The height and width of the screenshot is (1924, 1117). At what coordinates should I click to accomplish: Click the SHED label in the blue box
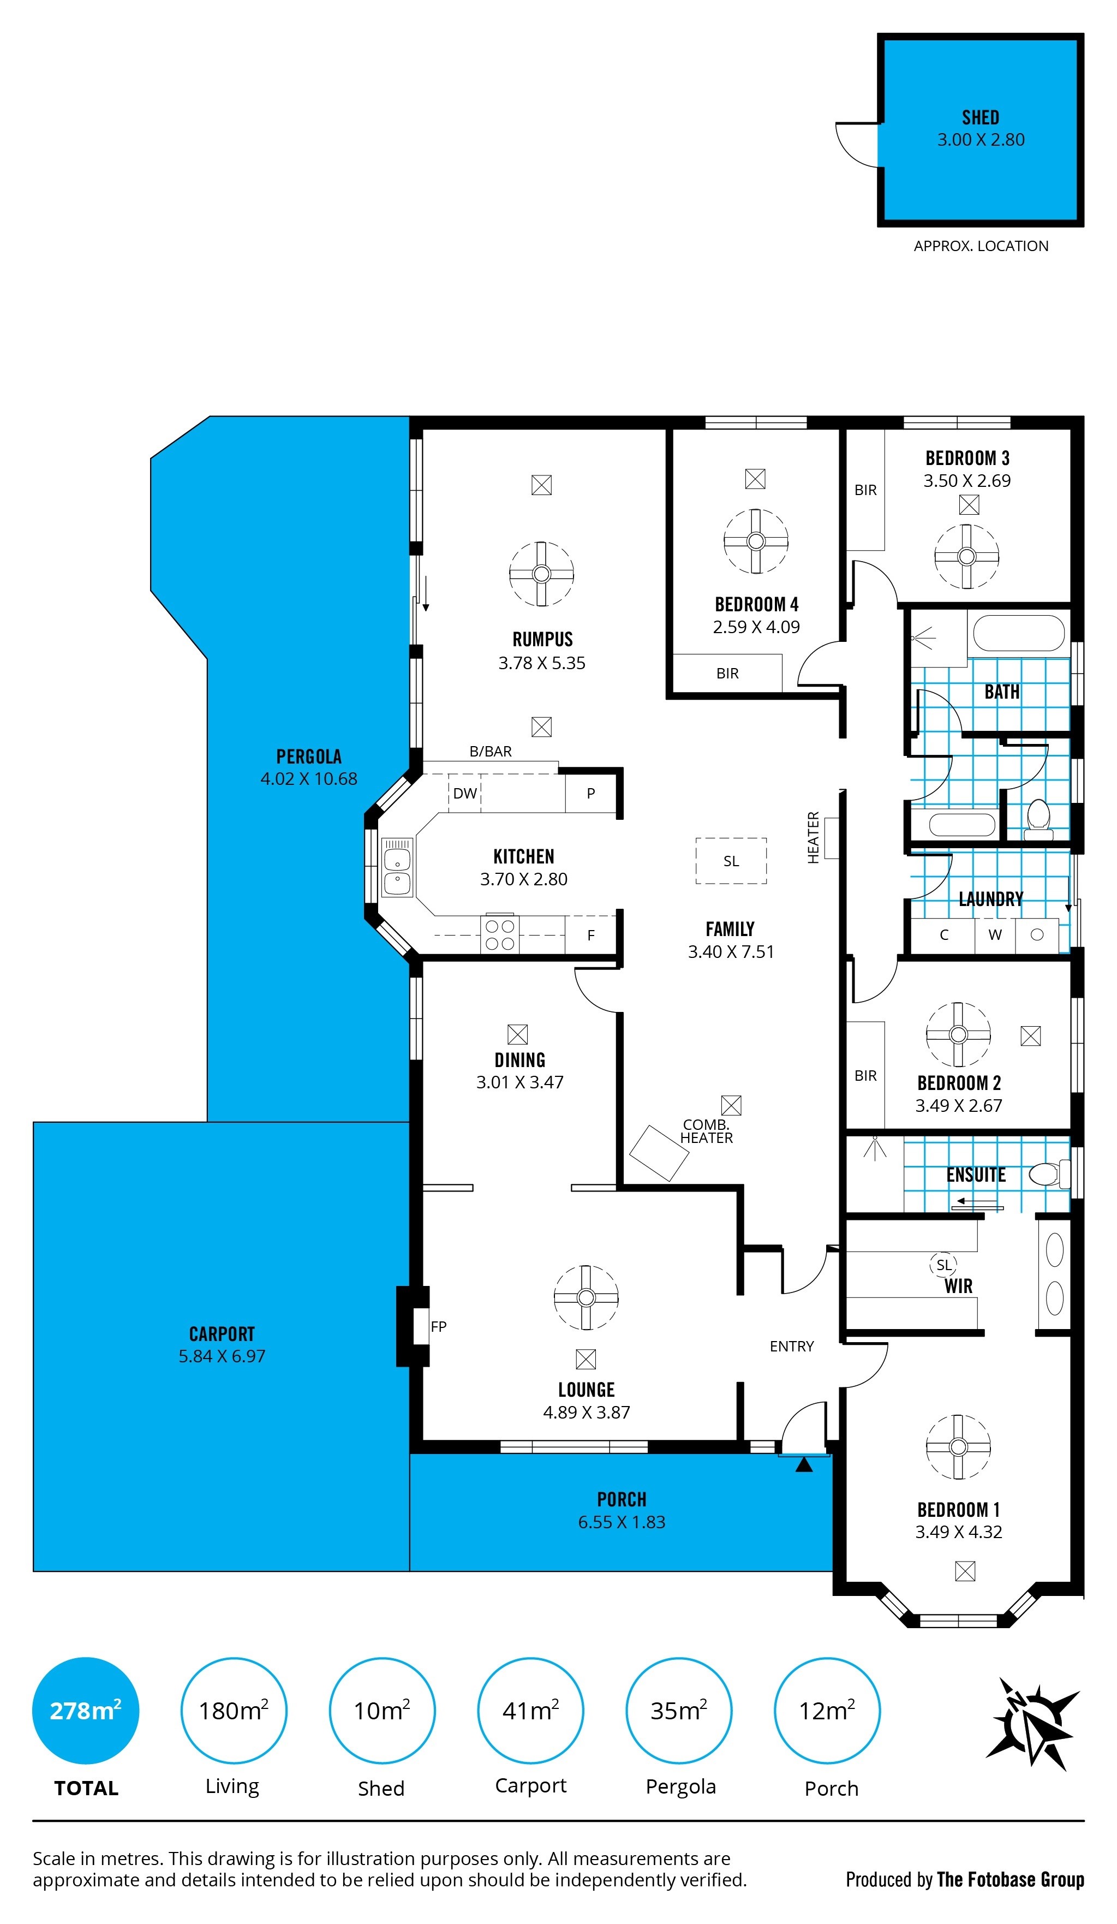(x=981, y=117)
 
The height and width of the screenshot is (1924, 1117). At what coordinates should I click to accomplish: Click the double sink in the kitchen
(x=397, y=867)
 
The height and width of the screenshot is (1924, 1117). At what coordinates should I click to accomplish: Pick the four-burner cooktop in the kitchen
(x=499, y=934)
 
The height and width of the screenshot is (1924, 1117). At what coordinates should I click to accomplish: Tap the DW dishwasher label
(x=464, y=793)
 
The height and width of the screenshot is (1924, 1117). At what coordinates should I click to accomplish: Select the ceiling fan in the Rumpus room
(x=541, y=574)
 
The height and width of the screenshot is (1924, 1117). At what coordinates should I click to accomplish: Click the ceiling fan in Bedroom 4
(x=755, y=541)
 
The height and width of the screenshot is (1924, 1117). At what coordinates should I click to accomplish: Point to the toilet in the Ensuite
(x=1049, y=1174)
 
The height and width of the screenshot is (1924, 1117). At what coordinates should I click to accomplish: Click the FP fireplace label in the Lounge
(x=438, y=1326)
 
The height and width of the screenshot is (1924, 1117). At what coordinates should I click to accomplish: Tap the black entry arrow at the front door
(x=804, y=1465)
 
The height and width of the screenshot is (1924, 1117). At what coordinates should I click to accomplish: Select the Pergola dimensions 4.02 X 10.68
(x=308, y=779)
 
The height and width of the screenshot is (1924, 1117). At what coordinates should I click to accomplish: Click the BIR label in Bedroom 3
(x=865, y=490)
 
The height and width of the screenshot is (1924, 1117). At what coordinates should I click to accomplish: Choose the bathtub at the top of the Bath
(x=1019, y=633)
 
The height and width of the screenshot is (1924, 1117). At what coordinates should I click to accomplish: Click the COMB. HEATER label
(x=706, y=1131)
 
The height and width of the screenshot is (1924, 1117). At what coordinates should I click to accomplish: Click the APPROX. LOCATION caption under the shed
(x=981, y=246)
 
